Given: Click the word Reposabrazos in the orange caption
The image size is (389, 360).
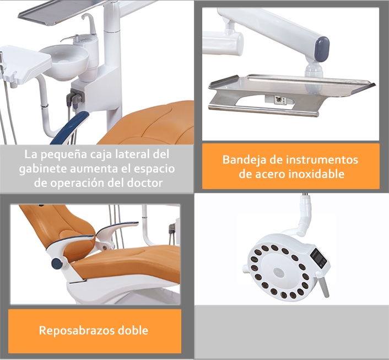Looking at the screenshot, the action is (77, 331).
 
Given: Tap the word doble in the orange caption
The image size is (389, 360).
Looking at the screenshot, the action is (133, 330).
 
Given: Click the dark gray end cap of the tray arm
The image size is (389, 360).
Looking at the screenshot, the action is (322, 49).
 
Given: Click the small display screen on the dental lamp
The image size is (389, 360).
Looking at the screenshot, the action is (319, 258).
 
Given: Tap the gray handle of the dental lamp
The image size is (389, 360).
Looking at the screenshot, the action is (324, 286).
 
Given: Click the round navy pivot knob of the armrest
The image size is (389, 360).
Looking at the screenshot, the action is (57, 264).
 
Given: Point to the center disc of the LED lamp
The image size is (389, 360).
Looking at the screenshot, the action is (279, 272).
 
